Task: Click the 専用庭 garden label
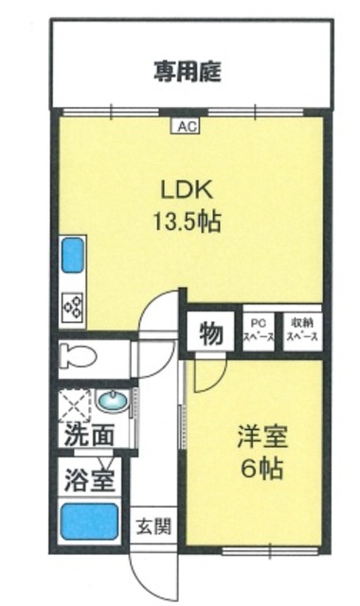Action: (189, 72)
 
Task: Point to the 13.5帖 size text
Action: (188, 223)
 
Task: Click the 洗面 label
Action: (90, 437)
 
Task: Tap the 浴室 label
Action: (90, 478)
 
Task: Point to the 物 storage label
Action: (211, 333)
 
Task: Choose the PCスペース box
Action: (258, 331)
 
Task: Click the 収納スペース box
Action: (303, 331)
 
